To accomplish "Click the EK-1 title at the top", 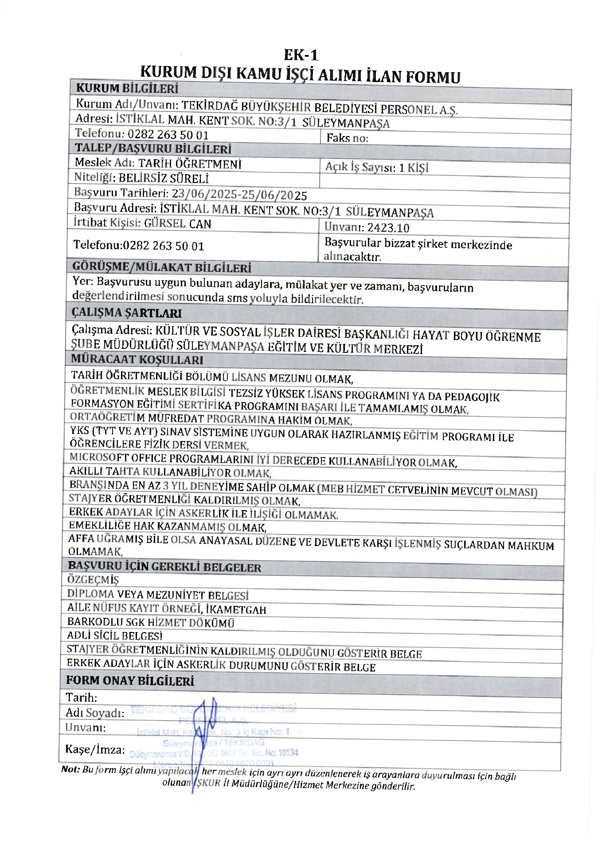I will point(301,55).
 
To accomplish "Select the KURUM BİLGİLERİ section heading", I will point(127,89).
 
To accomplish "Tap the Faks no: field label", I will point(348,138).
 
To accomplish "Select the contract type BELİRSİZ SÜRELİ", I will point(164,178).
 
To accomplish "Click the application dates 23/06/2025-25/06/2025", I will point(239,194).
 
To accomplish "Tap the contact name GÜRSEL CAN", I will point(178,223).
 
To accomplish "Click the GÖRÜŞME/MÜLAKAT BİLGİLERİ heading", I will point(162,267).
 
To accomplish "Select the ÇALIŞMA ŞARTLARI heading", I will point(127,313).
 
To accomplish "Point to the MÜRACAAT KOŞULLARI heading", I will point(137,359).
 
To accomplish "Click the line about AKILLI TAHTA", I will point(170,472).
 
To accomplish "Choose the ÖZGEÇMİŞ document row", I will point(93,579).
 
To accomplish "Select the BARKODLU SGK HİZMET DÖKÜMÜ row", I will point(151,622).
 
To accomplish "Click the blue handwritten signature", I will point(206,727).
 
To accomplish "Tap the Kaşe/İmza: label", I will point(95,750).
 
